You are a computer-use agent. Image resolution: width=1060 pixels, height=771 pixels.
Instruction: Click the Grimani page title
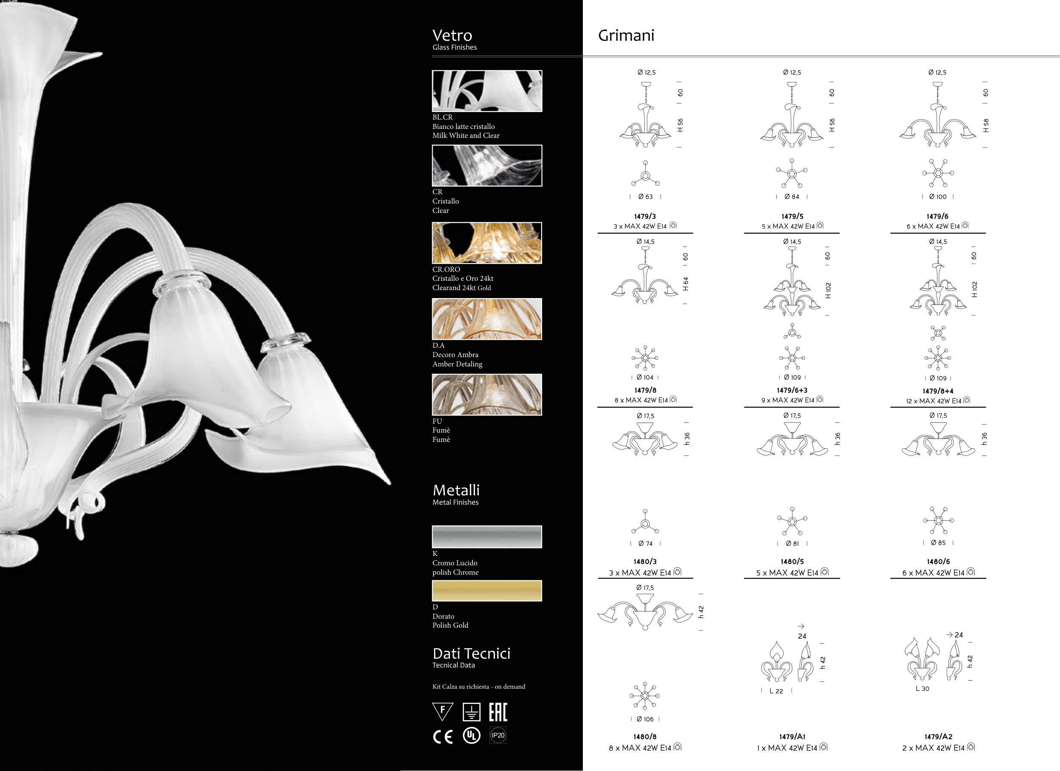(626, 36)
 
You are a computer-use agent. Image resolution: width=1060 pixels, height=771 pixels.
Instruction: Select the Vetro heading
(452, 35)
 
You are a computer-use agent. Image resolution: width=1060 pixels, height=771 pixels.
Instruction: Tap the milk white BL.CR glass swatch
(487, 91)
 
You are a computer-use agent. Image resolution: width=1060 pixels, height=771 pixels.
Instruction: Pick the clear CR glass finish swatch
(487, 165)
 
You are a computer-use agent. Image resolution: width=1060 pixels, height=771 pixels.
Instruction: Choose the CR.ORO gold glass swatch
(487, 243)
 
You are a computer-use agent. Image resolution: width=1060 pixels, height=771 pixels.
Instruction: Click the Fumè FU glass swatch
(487, 394)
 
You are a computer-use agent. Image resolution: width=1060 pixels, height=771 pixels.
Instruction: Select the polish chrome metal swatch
(487, 537)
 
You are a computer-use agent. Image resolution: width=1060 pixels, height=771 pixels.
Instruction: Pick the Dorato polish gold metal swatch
(487, 591)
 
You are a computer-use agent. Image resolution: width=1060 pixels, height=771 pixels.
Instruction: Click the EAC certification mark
(498, 712)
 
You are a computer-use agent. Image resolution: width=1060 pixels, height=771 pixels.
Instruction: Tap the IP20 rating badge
(498, 735)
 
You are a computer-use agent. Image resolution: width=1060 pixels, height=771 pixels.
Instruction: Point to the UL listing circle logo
(471, 735)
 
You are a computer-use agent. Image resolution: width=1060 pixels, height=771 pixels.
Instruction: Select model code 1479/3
(645, 216)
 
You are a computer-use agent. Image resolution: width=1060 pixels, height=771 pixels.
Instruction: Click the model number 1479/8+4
(938, 391)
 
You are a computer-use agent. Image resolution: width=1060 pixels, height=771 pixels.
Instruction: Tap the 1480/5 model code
(792, 561)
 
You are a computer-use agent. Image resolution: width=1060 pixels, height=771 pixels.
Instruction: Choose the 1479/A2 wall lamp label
(938, 737)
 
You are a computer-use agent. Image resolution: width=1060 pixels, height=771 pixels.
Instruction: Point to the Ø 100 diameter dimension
(937, 197)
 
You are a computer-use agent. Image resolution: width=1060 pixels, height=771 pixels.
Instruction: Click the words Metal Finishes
(455, 502)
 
